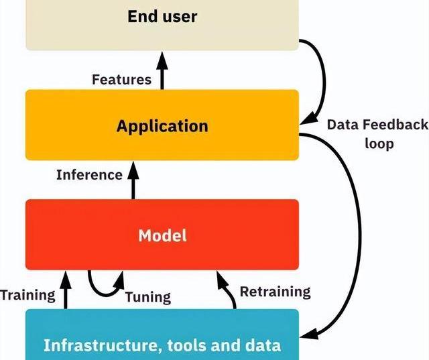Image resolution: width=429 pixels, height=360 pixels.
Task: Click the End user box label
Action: coord(162,15)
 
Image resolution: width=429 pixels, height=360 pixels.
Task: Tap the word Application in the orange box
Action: coord(162,126)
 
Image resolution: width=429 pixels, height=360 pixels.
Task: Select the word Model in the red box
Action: coord(162,235)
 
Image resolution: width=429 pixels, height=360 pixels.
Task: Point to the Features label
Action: coord(121,80)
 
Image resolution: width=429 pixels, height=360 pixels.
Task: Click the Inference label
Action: coord(89,175)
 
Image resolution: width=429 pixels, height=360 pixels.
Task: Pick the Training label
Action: coord(27,294)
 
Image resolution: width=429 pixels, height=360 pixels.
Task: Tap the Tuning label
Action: coord(147,296)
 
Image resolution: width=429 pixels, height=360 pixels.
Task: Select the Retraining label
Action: coord(275,292)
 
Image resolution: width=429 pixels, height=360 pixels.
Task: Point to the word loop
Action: coord(379,143)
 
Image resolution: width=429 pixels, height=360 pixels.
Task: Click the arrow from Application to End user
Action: coord(162,72)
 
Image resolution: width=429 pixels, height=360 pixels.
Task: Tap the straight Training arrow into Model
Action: coord(66,288)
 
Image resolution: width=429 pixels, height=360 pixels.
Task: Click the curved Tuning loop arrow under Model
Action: coord(103,288)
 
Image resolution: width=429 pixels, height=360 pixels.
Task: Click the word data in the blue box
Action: coord(262,345)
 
